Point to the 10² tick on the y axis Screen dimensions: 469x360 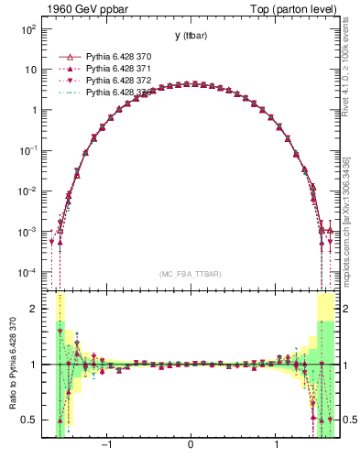27,29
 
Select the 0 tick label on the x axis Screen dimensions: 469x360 191,446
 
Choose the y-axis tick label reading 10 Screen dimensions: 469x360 29,70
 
